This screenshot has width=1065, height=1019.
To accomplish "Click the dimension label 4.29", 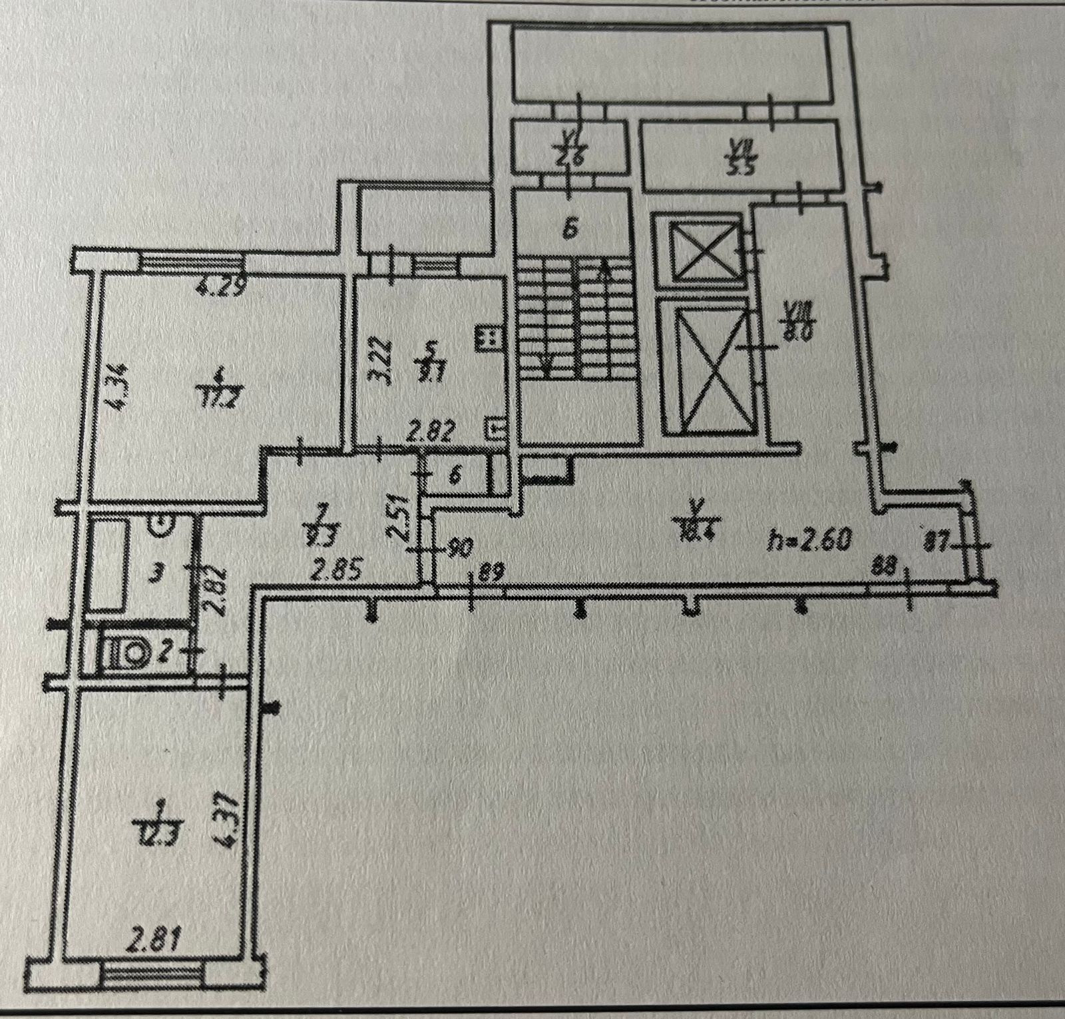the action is (222, 288).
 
